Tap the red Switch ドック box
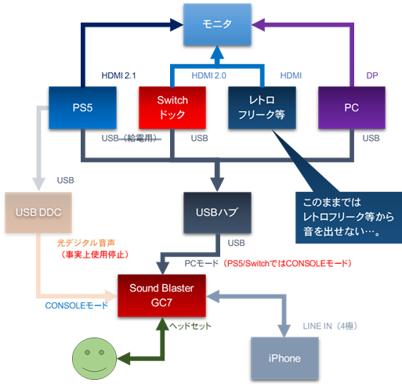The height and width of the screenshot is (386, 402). pos(172,107)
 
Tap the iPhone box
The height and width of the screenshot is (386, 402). pos(284,357)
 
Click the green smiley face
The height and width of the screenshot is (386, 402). pos(93,359)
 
